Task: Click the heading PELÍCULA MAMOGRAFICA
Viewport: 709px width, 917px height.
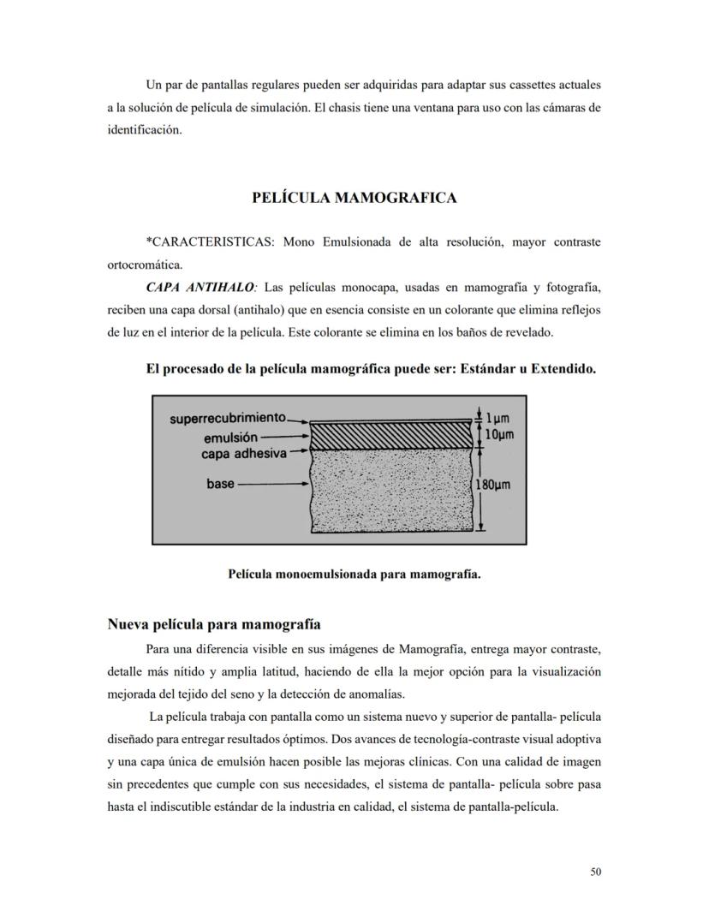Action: pos(354,198)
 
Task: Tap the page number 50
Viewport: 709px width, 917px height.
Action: pos(596,872)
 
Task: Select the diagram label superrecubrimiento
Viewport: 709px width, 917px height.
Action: pos(227,418)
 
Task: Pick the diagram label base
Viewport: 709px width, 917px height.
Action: pos(220,485)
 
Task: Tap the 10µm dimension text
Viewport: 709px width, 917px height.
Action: pos(499,435)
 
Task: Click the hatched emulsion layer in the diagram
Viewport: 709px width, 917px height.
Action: pos(390,436)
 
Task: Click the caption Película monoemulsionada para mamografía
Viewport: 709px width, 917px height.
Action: pos(354,574)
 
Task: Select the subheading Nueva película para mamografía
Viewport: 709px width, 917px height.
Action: pos(213,623)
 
